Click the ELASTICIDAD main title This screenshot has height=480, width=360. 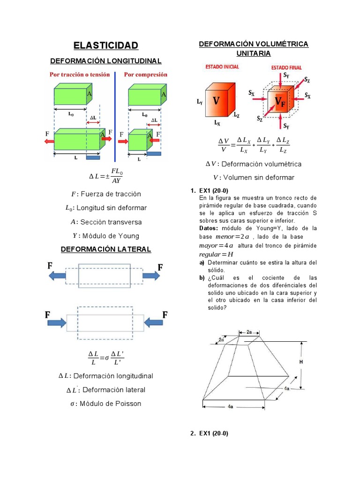[105, 45]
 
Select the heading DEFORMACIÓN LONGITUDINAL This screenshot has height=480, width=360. [105, 61]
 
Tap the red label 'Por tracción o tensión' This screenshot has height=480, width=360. [80, 75]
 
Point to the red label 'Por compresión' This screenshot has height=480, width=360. [145, 75]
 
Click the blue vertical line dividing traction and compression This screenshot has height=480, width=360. [115, 117]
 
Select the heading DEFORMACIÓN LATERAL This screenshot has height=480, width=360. [105, 249]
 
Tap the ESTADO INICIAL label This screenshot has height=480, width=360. [222, 67]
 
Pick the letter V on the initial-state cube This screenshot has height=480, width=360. [216, 100]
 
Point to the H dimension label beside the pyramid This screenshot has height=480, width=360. [300, 362]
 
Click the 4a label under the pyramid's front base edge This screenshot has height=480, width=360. [230, 407]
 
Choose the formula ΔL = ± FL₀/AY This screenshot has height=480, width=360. [105, 176]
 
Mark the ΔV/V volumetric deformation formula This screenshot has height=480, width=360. [253, 145]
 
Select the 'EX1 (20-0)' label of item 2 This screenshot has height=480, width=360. [213, 434]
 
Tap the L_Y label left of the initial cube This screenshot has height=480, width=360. [199, 101]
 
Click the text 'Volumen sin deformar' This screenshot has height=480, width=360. [259, 178]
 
